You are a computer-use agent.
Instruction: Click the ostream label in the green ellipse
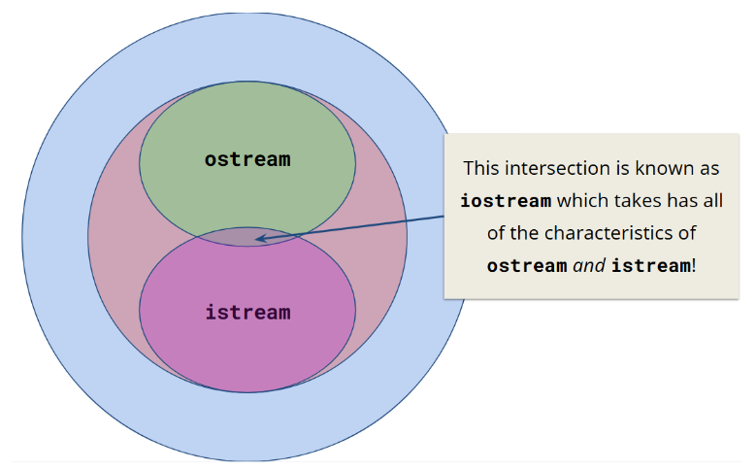point(247,159)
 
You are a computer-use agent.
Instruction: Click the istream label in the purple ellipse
point(247,313)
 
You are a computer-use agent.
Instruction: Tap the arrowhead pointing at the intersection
point(261,236)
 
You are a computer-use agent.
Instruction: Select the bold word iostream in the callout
point(506,201)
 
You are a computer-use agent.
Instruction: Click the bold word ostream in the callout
point(527,265)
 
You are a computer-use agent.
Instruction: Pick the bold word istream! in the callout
point(654,265)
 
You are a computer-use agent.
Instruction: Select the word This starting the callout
point(481,168)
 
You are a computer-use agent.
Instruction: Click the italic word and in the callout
point(589,265)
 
